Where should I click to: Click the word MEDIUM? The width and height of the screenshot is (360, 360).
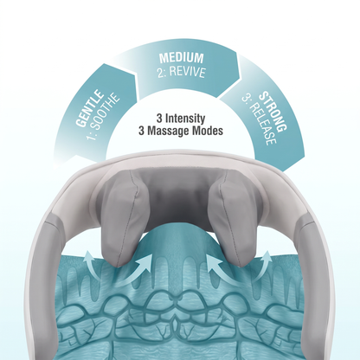(x=182, y=58)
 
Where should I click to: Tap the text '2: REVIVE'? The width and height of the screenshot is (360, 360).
(x=182, y=72)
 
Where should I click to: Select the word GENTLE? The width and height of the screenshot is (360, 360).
(x=89, y=109)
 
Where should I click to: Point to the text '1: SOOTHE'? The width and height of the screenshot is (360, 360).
(x=104, y=116)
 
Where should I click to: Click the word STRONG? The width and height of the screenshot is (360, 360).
(x=273, y=111)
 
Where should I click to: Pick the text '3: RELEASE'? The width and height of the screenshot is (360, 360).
(x=259, y=120)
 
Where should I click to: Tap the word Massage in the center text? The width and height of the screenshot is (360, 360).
(x=168, y=131)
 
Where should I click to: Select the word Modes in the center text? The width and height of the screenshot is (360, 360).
(x=207, y=131)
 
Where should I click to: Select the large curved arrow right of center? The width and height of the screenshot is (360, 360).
(x=222, y=270)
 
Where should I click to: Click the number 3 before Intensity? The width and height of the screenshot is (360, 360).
(x=159, y=119)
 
